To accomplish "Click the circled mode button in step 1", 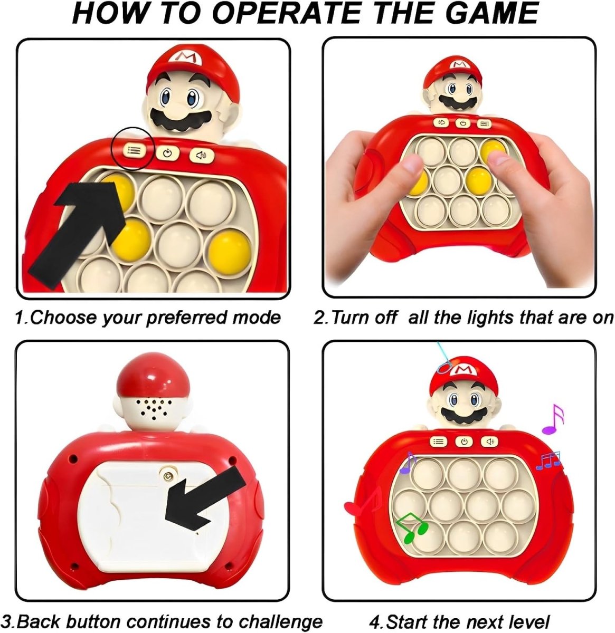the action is point(134,150).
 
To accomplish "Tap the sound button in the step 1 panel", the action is point(202,156).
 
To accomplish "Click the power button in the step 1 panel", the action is point(168,152).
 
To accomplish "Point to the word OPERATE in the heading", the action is point(288,13).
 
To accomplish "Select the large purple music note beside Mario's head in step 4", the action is point(552,419).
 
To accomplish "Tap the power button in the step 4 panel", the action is point(464,442).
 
